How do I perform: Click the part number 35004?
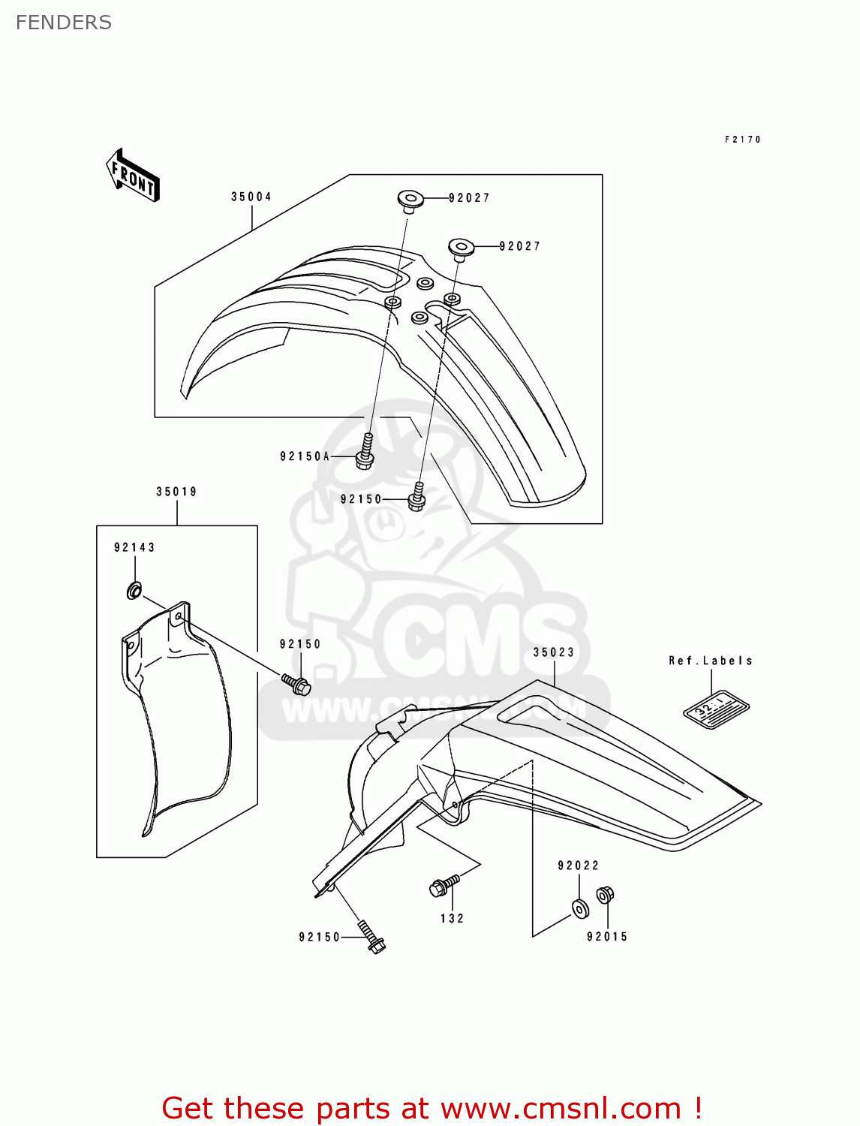point(251,197)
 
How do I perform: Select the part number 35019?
point(176,492)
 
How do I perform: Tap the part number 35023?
point(554,653)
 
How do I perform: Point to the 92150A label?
point(305,456)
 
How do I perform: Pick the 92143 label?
point(134,548)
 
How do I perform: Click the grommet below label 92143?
point(134,591)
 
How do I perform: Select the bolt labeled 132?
point(444,886)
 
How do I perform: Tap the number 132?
point(452,919)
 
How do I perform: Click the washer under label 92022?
point(580,909)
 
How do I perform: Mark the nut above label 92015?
point(605,895)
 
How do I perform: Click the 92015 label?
point(607,937)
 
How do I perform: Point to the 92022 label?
point(578,866)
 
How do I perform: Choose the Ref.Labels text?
point(710,661)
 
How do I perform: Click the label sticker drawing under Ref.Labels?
point(716,709)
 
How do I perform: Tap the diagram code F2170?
point(742,140)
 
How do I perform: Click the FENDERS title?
point(64,23)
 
